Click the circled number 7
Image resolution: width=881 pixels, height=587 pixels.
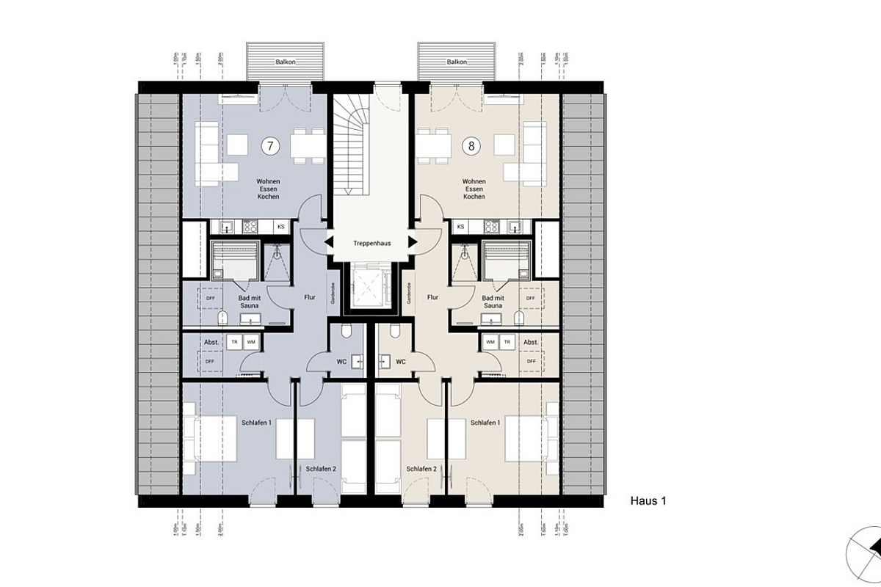click(270, 145)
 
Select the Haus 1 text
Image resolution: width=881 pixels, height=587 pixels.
click(648, 501)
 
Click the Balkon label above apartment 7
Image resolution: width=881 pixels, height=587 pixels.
click(286, 63)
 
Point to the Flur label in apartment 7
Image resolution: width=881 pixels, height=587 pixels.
click(310, 298)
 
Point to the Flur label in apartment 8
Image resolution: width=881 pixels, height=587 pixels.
click(432, 298)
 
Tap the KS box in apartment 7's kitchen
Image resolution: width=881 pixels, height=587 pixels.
click(280, 227)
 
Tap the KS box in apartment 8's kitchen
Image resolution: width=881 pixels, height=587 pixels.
click(461, 227)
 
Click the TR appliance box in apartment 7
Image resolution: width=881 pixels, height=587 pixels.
click(235, 342)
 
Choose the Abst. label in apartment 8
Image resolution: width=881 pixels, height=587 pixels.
click(531, 342)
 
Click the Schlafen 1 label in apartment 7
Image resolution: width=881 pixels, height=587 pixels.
click(256, 423)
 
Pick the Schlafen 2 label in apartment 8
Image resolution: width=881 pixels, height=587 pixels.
click(421, 469)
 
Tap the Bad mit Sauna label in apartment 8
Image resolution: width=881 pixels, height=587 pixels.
click(493, 302)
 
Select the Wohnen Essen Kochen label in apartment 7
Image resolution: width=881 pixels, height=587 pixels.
click(268, 189)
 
